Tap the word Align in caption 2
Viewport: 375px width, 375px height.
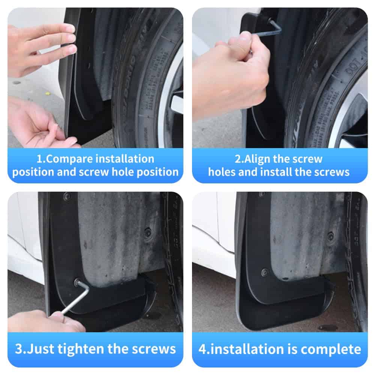[258, 159]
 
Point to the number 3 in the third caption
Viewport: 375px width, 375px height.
[19, 349]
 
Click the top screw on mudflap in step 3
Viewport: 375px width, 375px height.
[67, 196]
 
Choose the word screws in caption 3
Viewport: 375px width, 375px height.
[154, 349]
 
